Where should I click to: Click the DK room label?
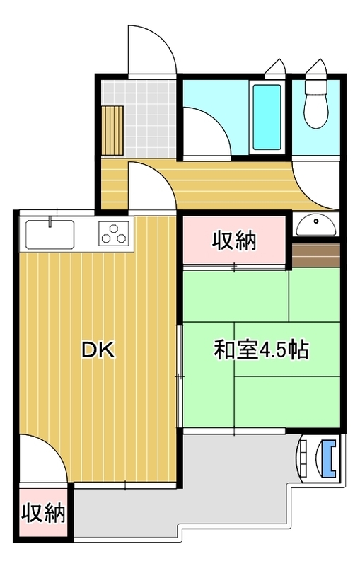[x=98, y=350]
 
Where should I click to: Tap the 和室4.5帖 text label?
[x=262, y=350]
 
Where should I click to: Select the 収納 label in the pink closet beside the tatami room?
[x=233, y=241]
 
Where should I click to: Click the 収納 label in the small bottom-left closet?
[x=44, y=512]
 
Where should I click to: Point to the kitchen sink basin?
[x=50, y=235]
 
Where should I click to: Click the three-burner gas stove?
[x=114, y=233]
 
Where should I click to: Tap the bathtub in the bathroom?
[x=267, y=117]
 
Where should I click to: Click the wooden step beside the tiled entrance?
[x=112, y=130]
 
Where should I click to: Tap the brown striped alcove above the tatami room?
[x=316, y=255]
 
